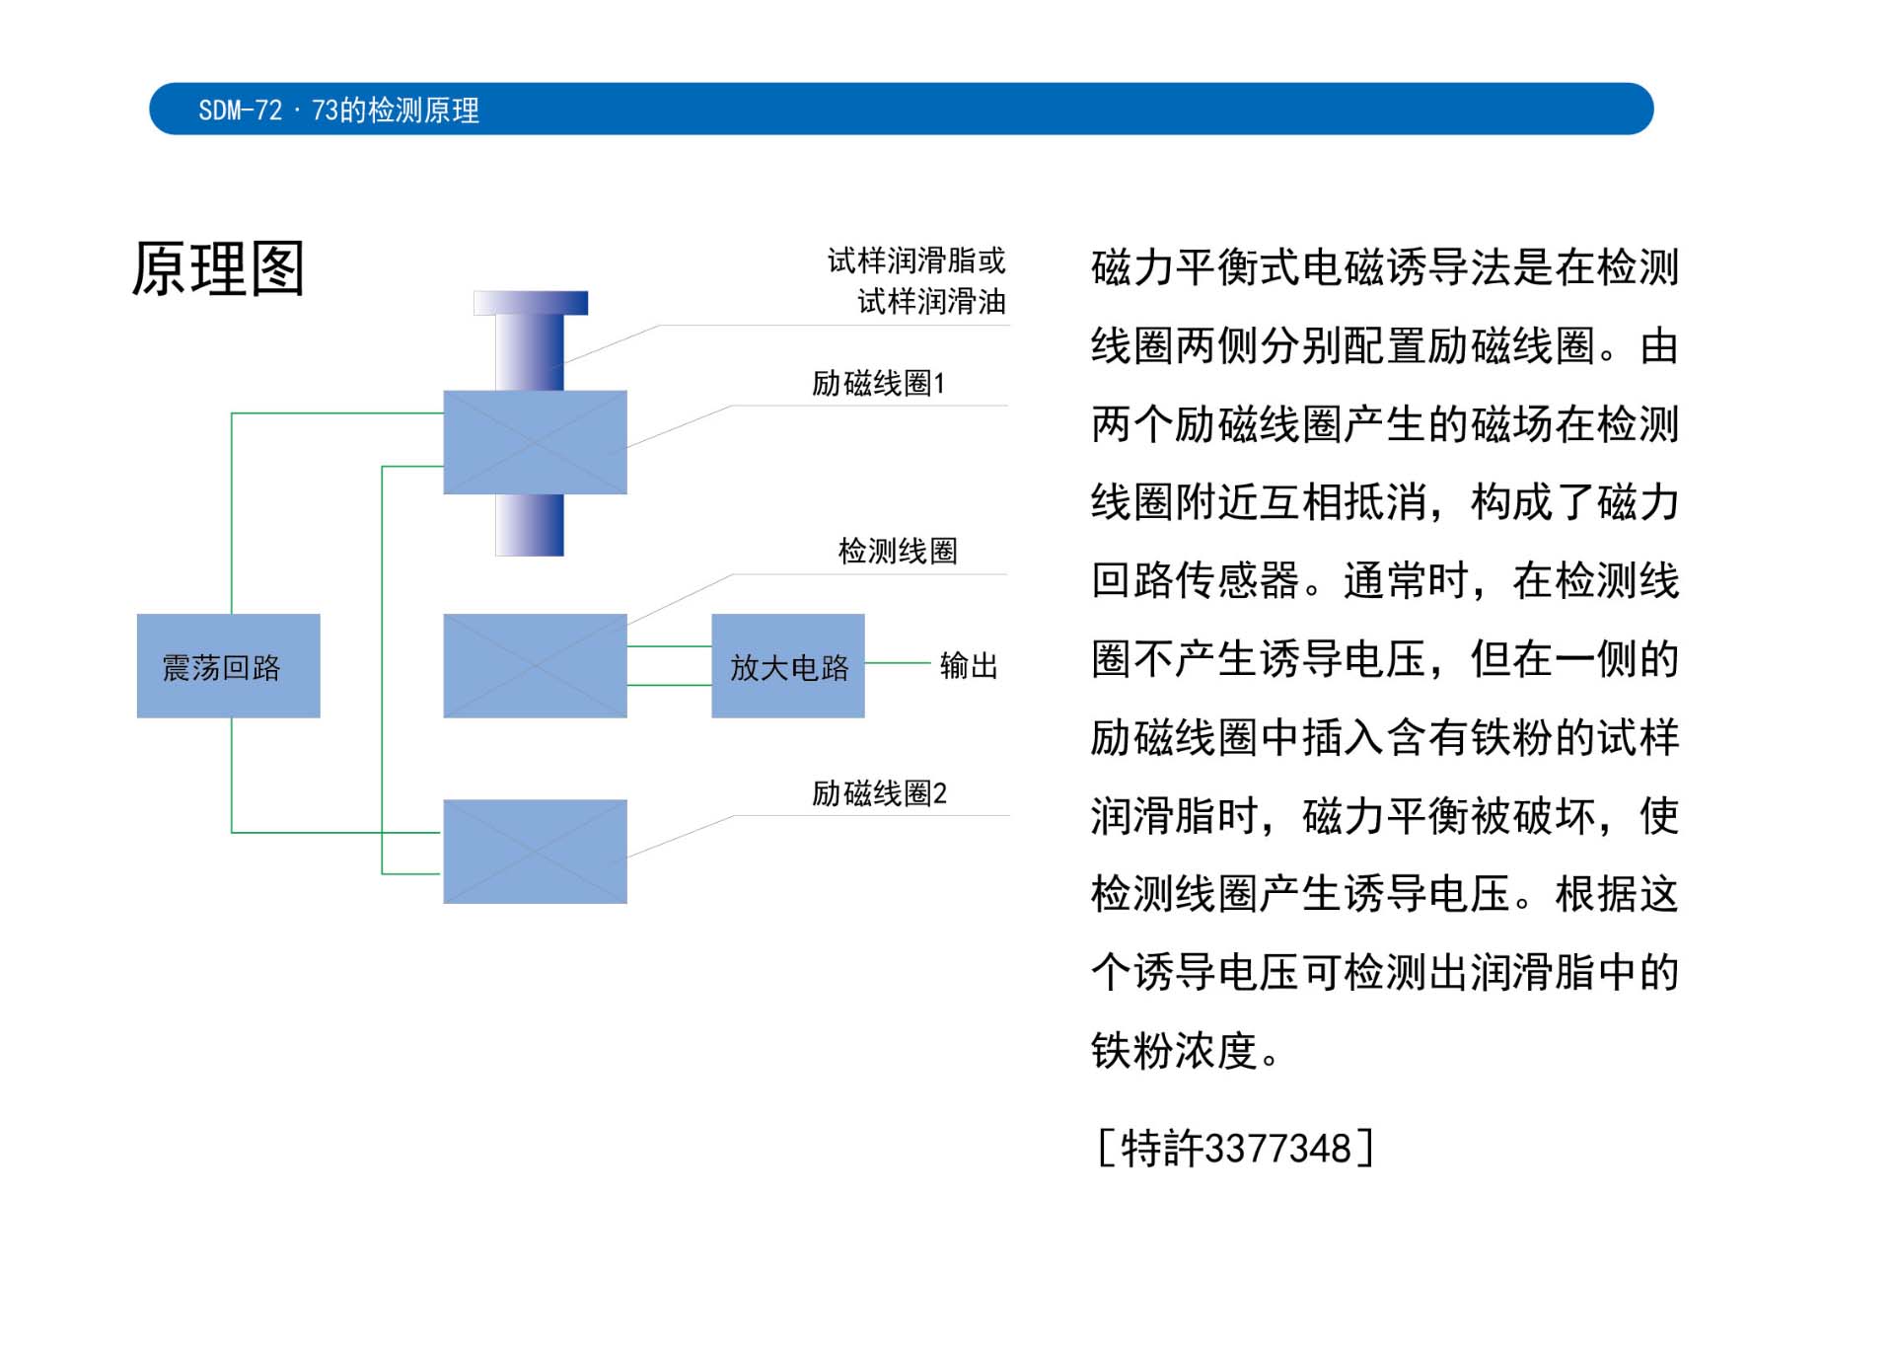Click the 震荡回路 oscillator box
(228, 666)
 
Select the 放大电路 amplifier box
(787, 666)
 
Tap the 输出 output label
(968, 666)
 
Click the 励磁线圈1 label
(878, 383)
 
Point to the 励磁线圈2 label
(878, 793)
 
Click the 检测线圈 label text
(897, 551)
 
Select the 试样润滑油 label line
(930, 301)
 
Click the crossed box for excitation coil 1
(535, 442)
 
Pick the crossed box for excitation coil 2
(535, 852)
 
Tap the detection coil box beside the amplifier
(535, 666)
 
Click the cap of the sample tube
(531, 303)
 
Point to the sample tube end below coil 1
(530, 525)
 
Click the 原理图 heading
(218, 268)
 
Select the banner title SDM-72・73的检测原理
(338, 110)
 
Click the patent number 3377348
(1277, 1149)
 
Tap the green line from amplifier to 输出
(897, 663)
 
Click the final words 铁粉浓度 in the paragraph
(1174, 1051)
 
